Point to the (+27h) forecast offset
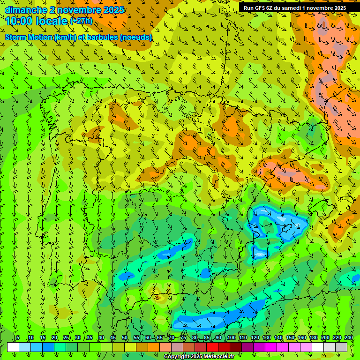81,21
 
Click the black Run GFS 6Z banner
295,7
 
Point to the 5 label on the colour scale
18,337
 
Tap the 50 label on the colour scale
125,337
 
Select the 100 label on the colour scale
231,337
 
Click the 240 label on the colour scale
349,337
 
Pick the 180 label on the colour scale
313,337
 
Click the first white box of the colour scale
13,347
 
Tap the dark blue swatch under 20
48,347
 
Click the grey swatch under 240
341,347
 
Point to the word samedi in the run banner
289,7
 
